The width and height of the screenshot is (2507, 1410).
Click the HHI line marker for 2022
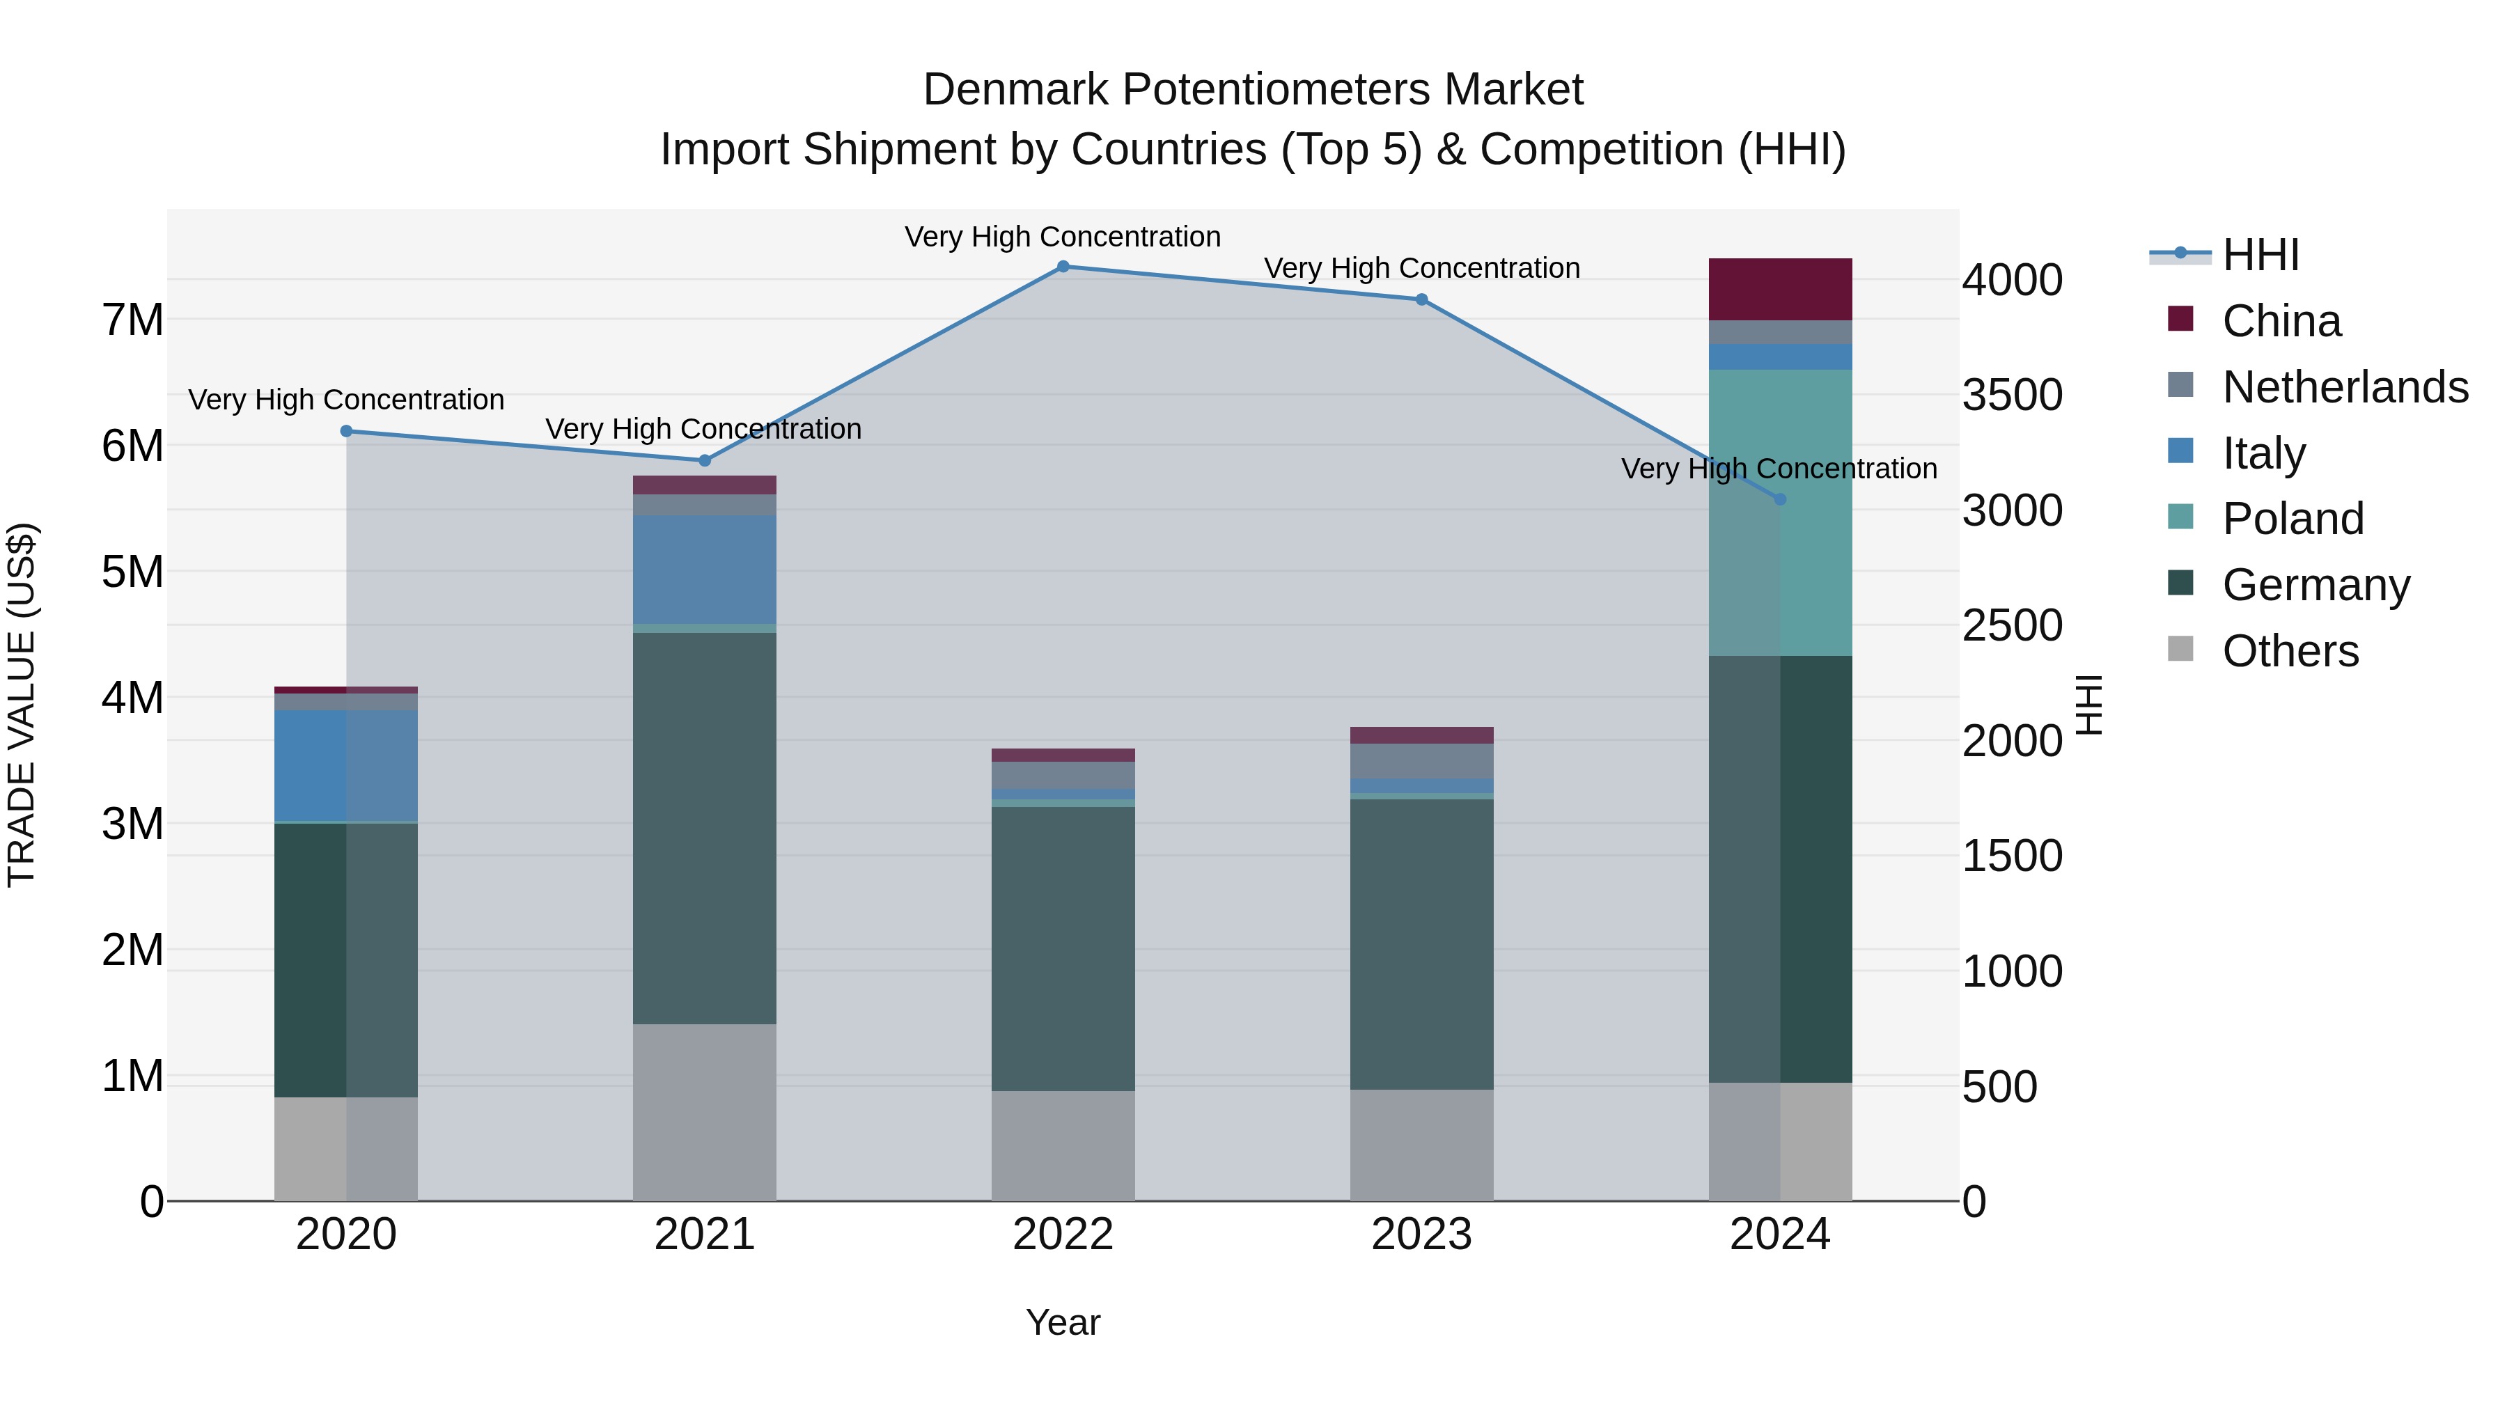1063,267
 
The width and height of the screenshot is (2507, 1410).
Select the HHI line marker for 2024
1780,499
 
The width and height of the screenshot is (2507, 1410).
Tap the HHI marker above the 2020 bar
347,431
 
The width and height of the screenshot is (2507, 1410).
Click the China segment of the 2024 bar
1780,289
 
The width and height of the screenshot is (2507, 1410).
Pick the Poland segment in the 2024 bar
1780,512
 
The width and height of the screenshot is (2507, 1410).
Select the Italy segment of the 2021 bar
705,570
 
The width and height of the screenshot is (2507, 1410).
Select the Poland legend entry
2292,519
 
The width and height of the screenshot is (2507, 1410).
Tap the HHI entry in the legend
2260,255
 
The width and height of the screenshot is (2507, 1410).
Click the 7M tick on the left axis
132,320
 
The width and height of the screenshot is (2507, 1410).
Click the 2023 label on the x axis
1421,1235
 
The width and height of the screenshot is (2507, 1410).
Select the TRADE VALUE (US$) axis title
22,705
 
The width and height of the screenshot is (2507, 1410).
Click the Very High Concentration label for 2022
1063,237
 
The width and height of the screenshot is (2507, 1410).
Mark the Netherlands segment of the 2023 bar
1421,761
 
